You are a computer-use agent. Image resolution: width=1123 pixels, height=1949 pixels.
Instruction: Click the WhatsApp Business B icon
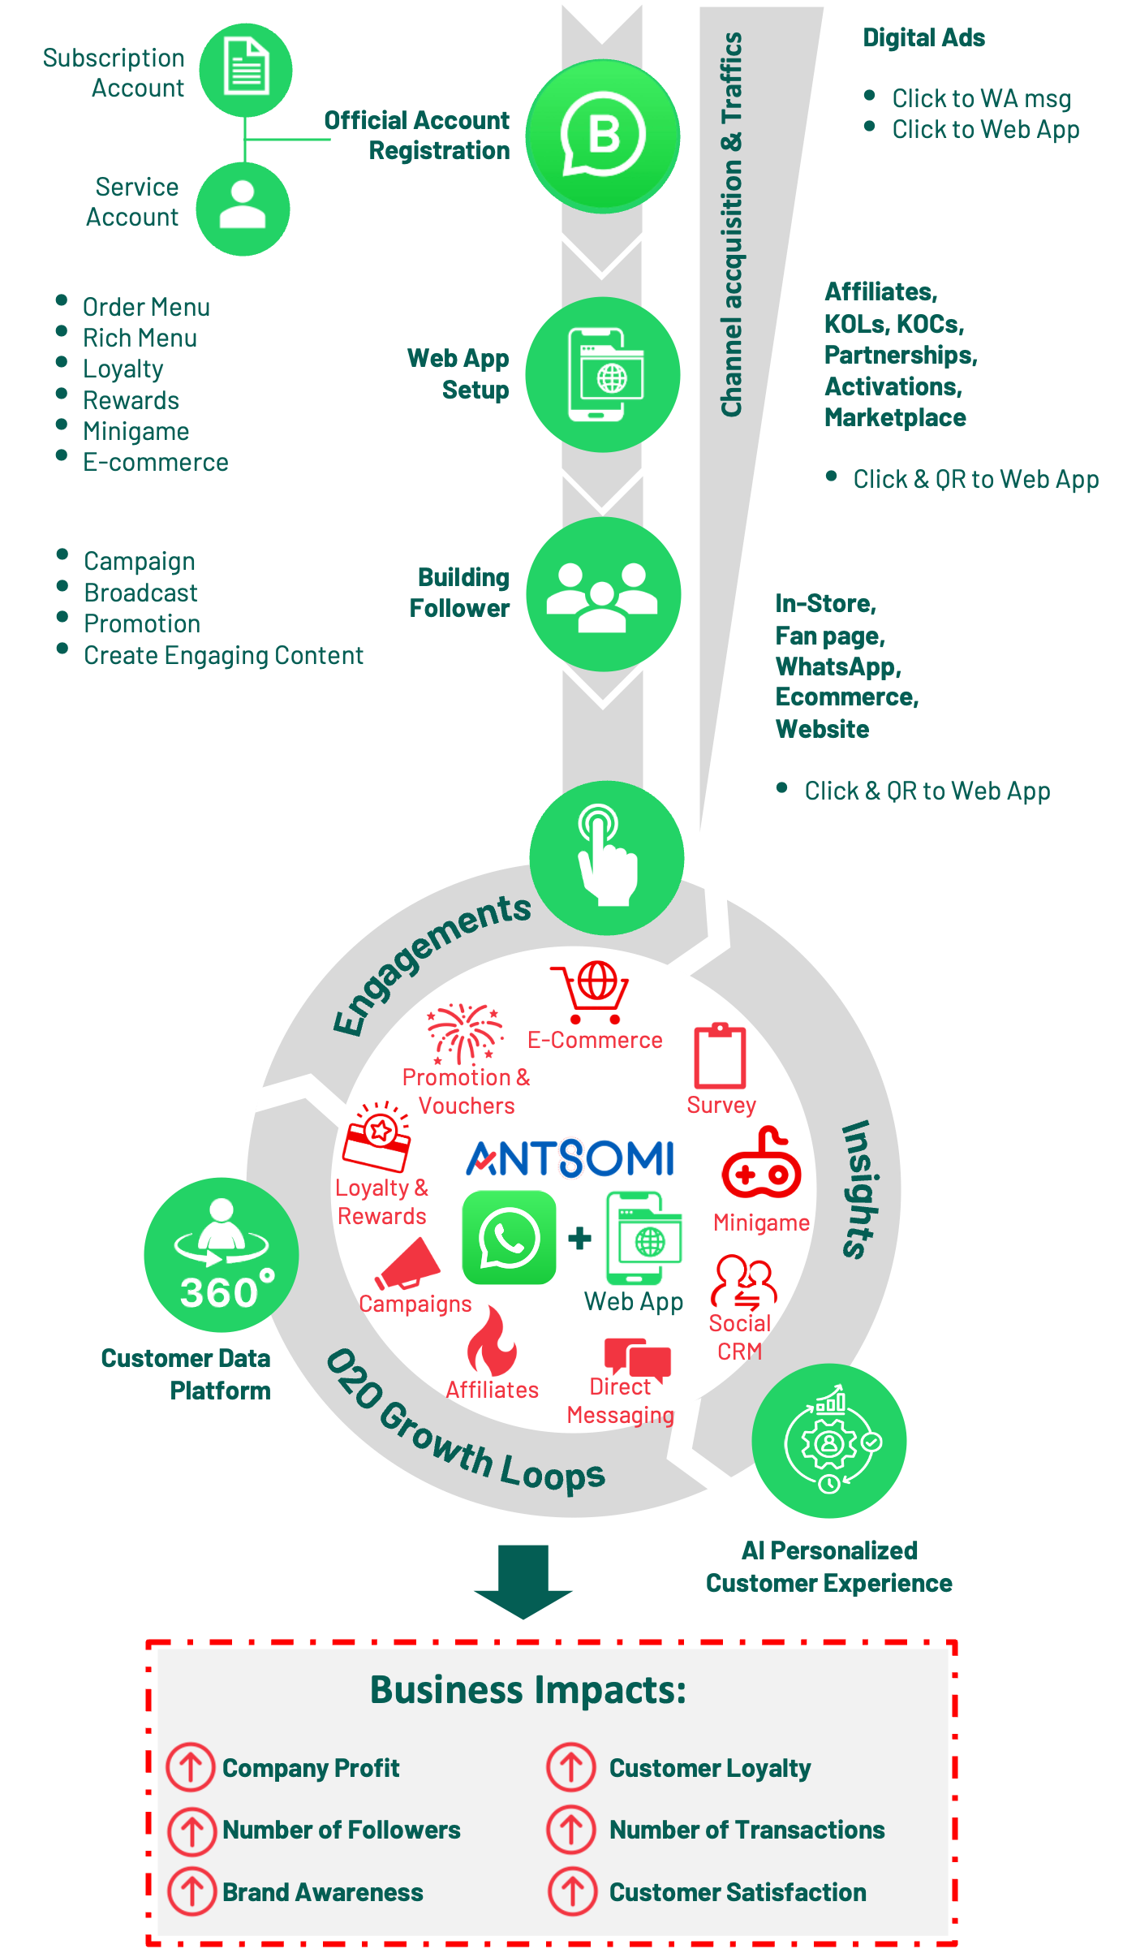pos(603,136)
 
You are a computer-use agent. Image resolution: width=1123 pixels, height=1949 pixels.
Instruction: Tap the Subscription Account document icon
pos(246,70)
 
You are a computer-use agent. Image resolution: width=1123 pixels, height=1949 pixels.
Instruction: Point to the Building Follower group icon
pos(603,594)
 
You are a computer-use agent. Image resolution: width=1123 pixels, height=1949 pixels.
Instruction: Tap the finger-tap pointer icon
pos(607,858)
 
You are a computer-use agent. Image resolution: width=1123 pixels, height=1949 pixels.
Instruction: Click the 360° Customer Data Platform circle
pos(222,1254)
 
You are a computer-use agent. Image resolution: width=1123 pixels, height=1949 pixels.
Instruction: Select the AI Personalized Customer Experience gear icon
pos(829,1440)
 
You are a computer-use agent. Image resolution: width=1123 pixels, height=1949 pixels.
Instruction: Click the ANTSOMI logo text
pos(570,1158)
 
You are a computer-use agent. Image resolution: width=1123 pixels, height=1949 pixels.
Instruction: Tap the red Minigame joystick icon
pos(761,1162)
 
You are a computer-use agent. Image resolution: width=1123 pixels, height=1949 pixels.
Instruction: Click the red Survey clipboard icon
pos(720,1055)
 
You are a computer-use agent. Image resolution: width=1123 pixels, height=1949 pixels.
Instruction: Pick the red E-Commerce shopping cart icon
pos(590,992)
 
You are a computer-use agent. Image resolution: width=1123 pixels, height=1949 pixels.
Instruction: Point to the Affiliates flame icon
pos(492,1341)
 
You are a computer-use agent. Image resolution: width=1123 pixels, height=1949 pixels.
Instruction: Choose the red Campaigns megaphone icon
pos(407,1264)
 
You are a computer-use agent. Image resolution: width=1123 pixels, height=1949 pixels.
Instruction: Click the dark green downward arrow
pos(523,1581)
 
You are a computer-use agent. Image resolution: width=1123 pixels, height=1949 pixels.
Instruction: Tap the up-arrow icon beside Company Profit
pos(191,1767)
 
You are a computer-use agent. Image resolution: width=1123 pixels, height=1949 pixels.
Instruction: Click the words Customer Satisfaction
pos(738,1892)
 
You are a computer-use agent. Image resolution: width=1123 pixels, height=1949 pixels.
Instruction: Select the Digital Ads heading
pos(923,38)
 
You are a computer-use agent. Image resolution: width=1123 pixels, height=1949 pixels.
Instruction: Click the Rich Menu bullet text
pos(140,338)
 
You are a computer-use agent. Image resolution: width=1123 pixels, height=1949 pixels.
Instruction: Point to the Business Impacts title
pos(528,1690)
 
